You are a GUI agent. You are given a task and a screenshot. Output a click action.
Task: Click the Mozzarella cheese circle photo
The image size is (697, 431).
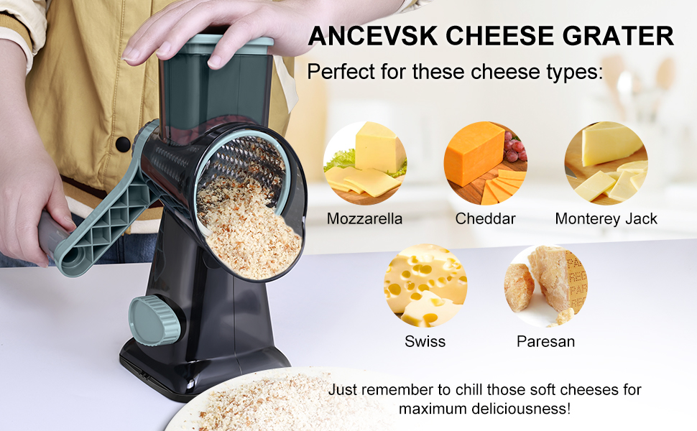click(365, 163)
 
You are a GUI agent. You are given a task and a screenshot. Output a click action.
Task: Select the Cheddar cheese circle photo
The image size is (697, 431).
click(485, 163)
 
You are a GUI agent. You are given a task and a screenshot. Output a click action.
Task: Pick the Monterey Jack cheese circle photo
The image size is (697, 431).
click(606, 163)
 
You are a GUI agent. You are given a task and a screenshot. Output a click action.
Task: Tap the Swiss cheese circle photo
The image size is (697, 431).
click(425, 286)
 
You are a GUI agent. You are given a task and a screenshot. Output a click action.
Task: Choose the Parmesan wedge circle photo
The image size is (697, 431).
click(545, 286)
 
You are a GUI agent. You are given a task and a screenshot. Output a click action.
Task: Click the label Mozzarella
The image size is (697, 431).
click(365, 218)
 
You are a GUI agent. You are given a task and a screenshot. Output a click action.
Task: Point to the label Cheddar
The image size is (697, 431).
click(485, 218)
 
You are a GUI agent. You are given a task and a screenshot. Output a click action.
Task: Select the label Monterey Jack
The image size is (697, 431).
click(606, 218)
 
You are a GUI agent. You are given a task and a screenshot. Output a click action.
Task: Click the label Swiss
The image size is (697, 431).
click(425, 341)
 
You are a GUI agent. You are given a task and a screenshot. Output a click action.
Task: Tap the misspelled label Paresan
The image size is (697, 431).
click(545, 341)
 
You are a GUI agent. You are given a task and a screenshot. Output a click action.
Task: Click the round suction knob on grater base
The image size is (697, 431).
click(154, 320)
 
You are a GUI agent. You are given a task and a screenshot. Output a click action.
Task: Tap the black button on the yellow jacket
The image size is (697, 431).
click(123, 144)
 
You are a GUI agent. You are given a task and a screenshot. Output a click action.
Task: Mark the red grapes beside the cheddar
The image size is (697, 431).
click(514, 147)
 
